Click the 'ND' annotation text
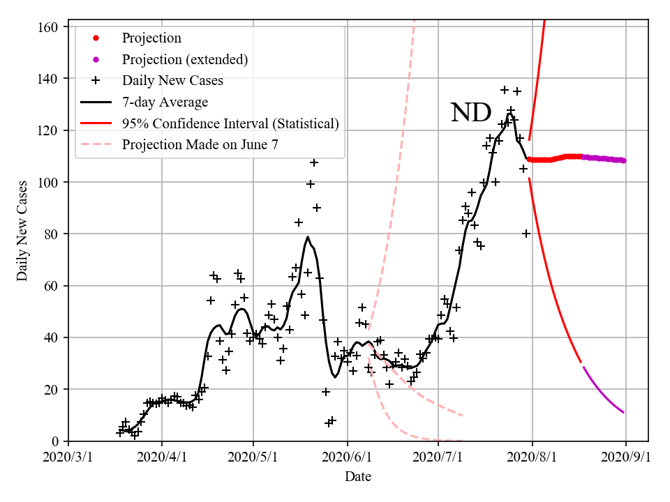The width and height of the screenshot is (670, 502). tap(471, 113)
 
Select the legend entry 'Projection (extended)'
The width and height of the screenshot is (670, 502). tap(184, 59)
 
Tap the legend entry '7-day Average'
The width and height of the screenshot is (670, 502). tap(165, 102)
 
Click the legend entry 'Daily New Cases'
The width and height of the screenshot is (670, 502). tap(172, 81)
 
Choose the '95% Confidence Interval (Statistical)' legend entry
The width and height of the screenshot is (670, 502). tap(230, 123)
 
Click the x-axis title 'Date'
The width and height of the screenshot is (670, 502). tap(357, 477)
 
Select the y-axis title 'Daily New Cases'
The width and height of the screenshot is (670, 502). tap(23, 231)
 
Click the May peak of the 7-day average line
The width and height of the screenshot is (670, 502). tap(308, 237)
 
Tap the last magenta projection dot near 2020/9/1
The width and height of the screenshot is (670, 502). tap(623, 160)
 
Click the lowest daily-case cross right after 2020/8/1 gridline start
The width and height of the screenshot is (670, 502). tap(526, 234)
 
